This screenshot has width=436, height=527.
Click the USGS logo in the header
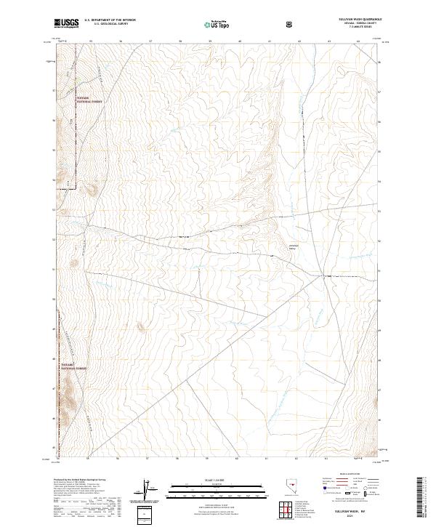coord(66,23)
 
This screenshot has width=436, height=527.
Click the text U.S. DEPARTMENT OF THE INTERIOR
coord(110,20)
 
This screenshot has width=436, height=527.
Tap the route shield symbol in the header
coord(289,24)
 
